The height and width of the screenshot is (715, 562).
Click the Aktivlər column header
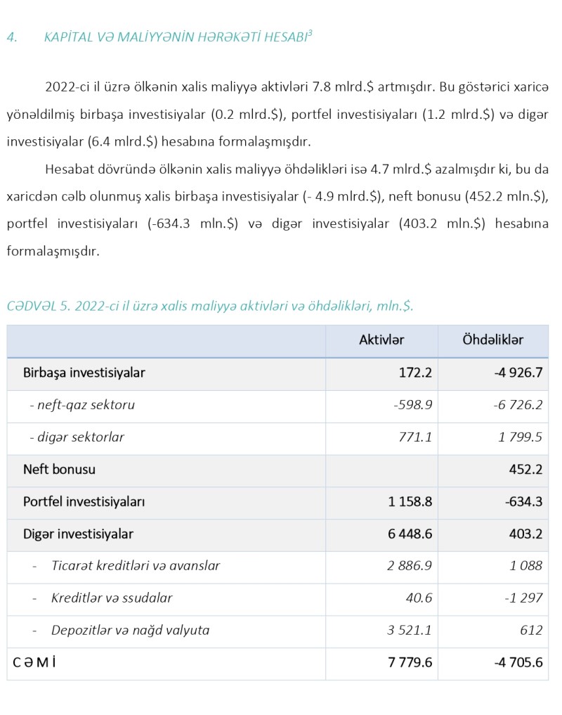381,340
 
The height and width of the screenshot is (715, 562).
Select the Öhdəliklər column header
492,340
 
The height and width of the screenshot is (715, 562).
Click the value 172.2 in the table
415,373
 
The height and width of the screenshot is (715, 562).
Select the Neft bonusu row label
59,469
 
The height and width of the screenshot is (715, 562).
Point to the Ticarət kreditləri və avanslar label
136,566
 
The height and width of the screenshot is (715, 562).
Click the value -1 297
523,598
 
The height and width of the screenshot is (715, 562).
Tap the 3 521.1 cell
410,631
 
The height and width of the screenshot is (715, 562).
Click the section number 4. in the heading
11,37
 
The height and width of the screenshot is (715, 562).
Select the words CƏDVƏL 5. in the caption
38,307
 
